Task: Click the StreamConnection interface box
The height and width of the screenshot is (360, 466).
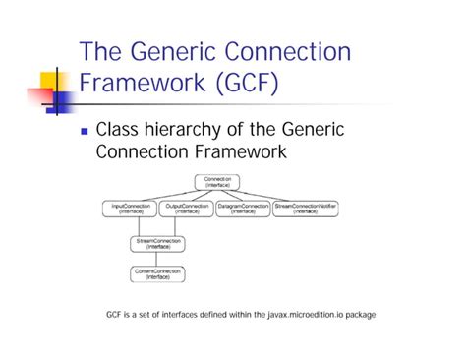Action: coord(157,243)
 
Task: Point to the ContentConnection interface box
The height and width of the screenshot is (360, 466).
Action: coord(157,275)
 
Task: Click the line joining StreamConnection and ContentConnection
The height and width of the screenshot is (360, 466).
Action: coord(157,260)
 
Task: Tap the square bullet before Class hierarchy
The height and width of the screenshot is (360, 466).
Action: coord(85,130)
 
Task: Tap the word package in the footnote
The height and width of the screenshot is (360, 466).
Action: coord(358,315)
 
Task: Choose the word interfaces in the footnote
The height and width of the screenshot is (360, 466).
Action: coord(181,315)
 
